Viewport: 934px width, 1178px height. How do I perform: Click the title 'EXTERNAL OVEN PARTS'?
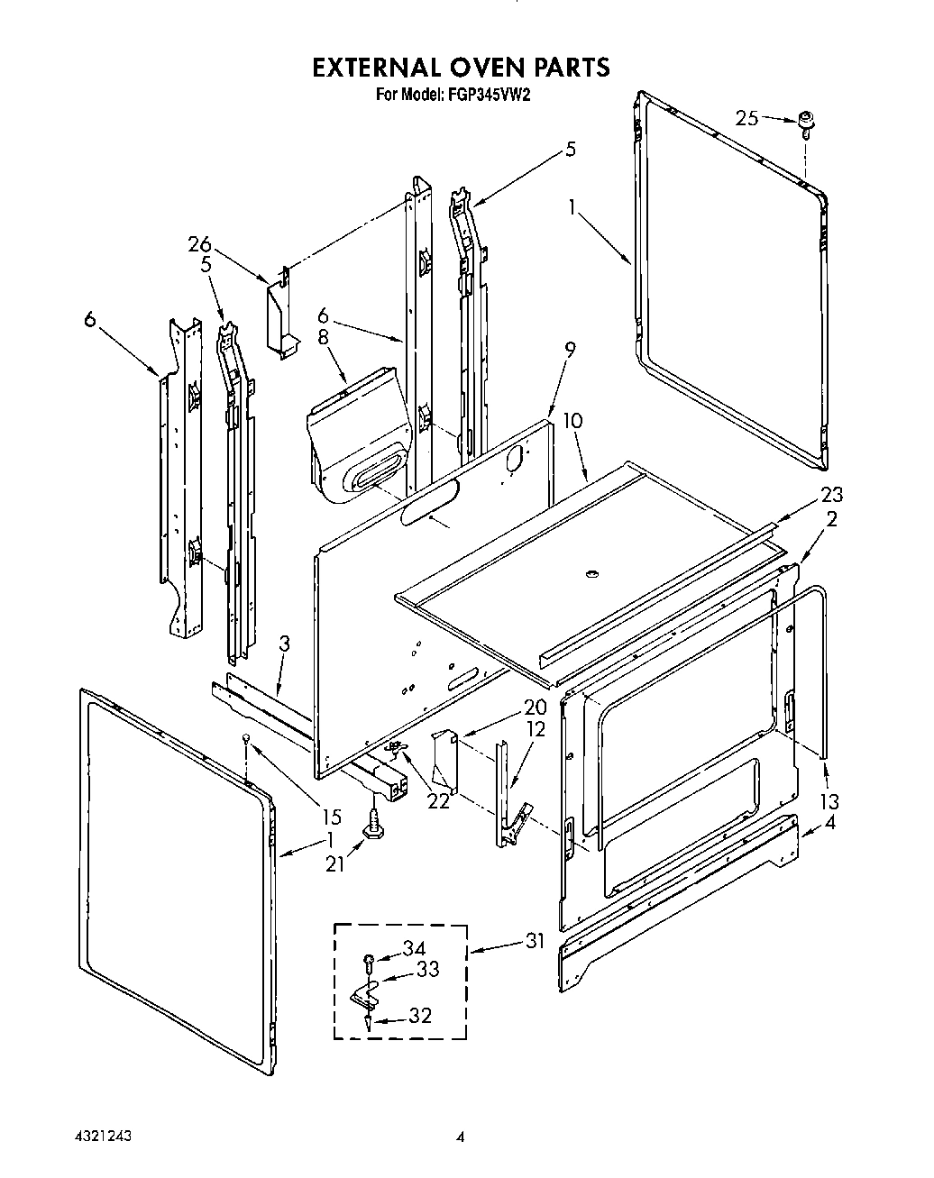click(x=461, y=67)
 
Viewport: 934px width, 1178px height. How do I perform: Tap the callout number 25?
click(x=747, y=118)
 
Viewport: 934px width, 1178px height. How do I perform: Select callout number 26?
click(x=199, y=243)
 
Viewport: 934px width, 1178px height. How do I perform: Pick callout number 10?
click(x=572, y=420)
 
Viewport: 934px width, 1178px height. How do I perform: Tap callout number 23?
click(x=831, y=494)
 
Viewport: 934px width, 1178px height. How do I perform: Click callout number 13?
click(x=829, y=800)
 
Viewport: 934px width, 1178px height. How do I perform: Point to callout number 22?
click(x=438, y=801)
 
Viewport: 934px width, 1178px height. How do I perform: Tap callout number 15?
click(x=331, y=817)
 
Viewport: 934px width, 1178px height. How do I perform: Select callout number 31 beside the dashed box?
click(x=534, y=942)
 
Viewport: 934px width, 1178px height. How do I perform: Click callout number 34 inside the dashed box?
click(x=414, y=948)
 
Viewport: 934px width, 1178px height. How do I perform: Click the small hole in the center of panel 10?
click(x=591, y=573)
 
